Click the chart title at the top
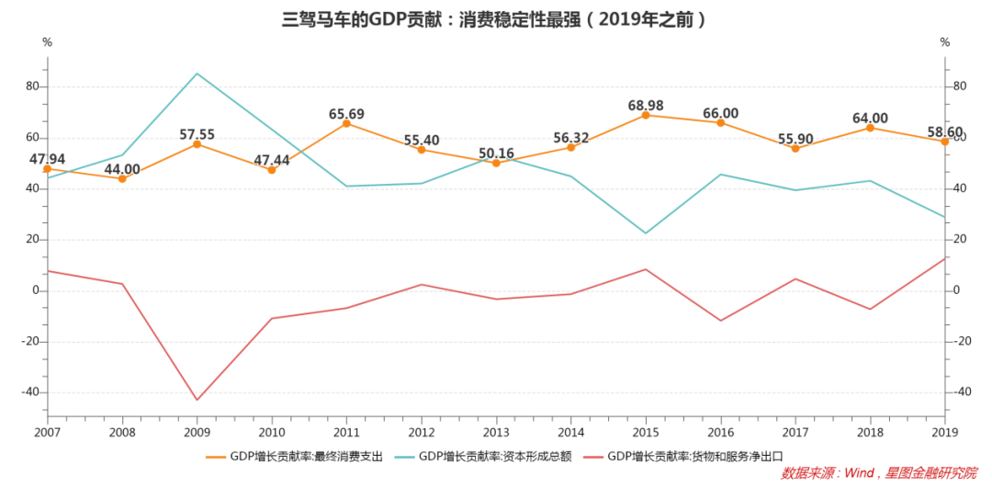click(x=495, y=18)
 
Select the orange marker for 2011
click(x=346, y=123)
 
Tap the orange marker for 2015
click(x=646, y=115)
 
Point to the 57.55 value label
click(x=197, y=135)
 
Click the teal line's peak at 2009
click(x=197, y=74)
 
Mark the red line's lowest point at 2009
click(x=197, y=400)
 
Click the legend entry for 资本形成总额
click(x=482, y=456)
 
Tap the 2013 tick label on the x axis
click(x=496, y=432)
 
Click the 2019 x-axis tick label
click(x=944, y=432)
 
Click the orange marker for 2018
click(x=870, y=128)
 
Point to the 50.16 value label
click(x=496, y=153)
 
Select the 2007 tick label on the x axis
click(x=47, y=432)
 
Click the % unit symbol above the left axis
click(x=47, y=43)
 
